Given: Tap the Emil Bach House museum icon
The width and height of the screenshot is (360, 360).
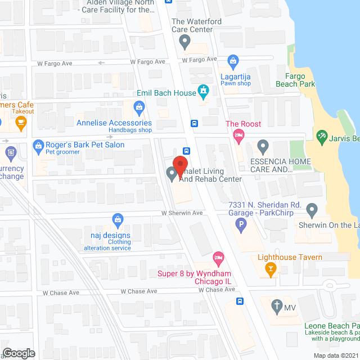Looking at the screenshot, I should [x=203, y=91].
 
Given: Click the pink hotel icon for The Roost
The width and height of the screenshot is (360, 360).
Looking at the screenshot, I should [x=237, y=135].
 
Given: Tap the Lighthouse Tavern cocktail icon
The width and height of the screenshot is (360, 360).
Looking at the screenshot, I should [x=271, y=269].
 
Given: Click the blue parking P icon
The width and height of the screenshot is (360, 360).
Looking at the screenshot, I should [x=240, y=226].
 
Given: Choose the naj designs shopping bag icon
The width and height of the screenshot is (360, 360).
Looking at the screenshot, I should [x=118, y=219].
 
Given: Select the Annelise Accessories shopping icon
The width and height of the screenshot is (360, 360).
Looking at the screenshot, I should [x=139, y=106].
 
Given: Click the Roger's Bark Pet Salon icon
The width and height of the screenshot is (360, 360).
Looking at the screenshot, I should [x=39, y=145].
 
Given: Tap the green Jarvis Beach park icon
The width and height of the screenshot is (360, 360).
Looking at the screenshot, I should [x=322, y=136].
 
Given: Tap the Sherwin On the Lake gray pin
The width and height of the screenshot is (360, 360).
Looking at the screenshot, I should [x=313, y=210].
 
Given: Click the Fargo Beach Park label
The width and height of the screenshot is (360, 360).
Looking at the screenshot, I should [x=295, y=80].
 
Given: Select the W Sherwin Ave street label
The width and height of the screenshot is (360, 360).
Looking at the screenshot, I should [x=182, y=213].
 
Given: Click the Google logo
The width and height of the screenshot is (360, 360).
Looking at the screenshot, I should [x=19, y=353].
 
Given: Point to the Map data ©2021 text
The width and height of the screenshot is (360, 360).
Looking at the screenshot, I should [x=335, y=355].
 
